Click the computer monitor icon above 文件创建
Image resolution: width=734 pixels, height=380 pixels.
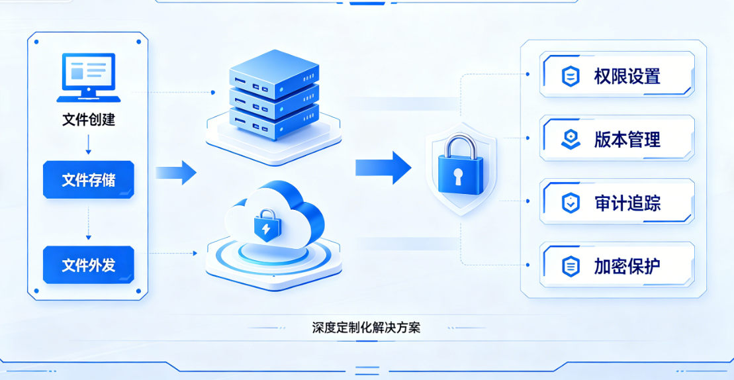pyautogui.click(x=89, y=77)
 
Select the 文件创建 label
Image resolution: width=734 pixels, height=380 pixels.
pyautogui.click(x=89, y=120)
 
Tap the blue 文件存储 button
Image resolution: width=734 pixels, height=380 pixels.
pyautogui.click(x=89, y=179)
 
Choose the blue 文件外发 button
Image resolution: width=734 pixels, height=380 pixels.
pyautogui.click(x=89, y=265)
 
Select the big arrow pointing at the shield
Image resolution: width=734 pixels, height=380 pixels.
pyautogui.click(x=383, y=167)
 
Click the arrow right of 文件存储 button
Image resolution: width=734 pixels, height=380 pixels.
pyautogui.click(x=176, y=173)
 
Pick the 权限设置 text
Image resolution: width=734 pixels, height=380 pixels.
pyautogui.click(x=627, y=76)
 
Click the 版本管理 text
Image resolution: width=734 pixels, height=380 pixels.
pyautogui.click(x=627, y=140)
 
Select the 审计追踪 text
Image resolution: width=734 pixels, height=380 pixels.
pyautogui.click(x=627, y=203)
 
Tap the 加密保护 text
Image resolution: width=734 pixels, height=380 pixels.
pyautogui.click(x=627, y=266)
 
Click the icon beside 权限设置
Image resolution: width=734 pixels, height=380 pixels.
pyautogui.click(x=571, y=76)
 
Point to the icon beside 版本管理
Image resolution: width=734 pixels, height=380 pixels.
pyautogui.click(x=571, y=140)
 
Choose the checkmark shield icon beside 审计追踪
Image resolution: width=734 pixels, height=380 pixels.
pyautogui.click(x=571, y=203)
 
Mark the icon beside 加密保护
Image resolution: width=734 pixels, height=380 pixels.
pyautogui.click(x=571, y=266)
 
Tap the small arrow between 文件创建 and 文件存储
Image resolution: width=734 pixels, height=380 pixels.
pyautogui.click(x=89, y=144)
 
